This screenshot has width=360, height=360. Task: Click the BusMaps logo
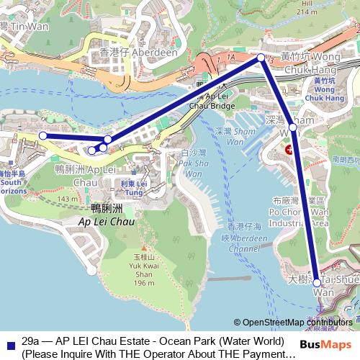(x=332, y=345)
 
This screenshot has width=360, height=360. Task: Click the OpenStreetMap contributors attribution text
(x=297, y=322)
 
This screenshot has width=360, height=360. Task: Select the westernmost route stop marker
(x=42, y=135)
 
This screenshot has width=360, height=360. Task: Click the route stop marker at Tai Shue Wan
(x=318, y=283)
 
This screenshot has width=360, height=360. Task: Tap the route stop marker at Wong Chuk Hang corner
(x=261, y=56)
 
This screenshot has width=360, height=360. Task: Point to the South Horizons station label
(x=12, y=184)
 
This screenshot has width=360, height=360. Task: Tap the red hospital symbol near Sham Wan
(x=289, y=150)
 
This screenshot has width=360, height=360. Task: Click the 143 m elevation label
(x=68, y=199)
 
